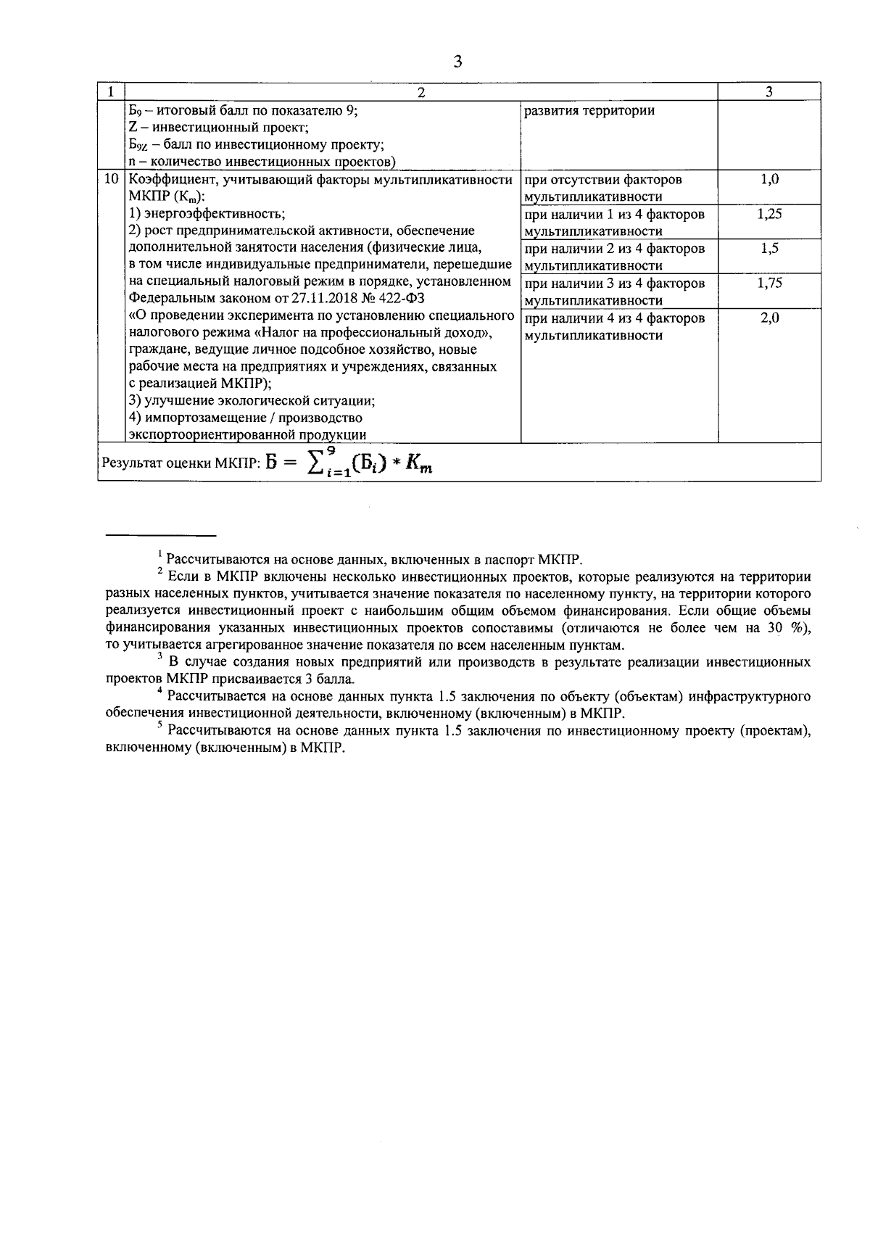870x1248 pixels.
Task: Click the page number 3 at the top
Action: point(457,62)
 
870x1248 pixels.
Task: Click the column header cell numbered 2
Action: point(420,91)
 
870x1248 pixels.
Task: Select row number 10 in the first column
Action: point(112,180)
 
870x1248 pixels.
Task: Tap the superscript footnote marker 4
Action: point(159,691)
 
